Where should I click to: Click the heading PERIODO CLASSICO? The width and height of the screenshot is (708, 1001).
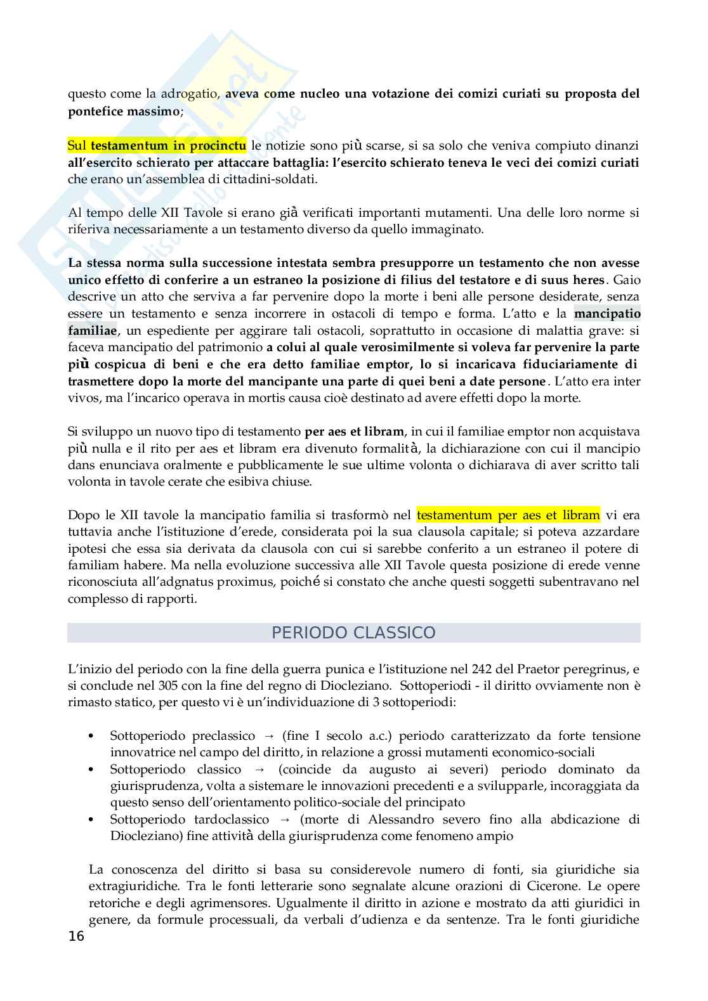click(x=353, y=633)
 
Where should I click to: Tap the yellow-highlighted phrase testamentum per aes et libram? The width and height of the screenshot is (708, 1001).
click(x=508, y=515)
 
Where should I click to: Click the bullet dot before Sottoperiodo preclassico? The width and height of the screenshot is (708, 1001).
click(x=93, y=737)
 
